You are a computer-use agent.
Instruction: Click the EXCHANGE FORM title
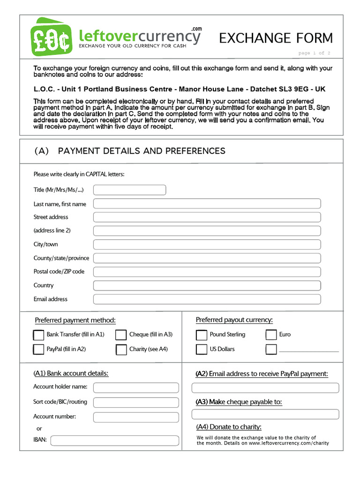coord(276,38)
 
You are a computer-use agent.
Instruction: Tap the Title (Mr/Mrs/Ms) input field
coord(129,190)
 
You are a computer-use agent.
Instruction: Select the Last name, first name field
coord(207,203)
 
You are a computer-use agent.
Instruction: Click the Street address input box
coord(207,217)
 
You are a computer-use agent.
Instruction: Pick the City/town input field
coord(207,244)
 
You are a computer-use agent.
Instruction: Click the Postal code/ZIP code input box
coord(207,272)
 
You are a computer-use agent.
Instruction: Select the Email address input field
coord(207,299)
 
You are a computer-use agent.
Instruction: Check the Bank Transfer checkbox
coord(38,335)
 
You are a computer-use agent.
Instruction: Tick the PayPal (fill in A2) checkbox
coord(38,350)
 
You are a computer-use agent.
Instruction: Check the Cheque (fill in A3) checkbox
coord(121,335)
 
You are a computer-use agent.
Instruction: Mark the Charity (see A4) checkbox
coord(121,350)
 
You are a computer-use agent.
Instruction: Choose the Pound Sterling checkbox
coord(202,335)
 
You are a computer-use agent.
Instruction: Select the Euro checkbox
coord(271,335)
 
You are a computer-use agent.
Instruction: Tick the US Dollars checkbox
coord(202,349)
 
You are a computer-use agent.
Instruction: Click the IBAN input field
coord(114,441)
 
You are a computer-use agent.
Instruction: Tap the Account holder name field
coord(136,388)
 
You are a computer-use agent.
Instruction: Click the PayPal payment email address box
coord(265,388)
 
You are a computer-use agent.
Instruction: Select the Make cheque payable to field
coord(265,414)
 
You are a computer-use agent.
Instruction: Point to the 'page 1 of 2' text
coord(314,53)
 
